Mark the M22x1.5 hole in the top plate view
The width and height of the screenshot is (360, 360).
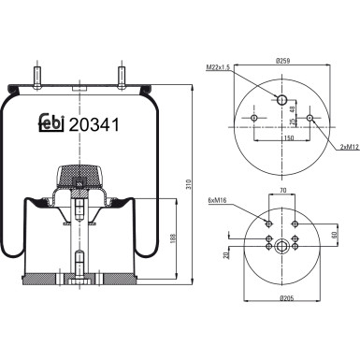click(281, 100)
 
